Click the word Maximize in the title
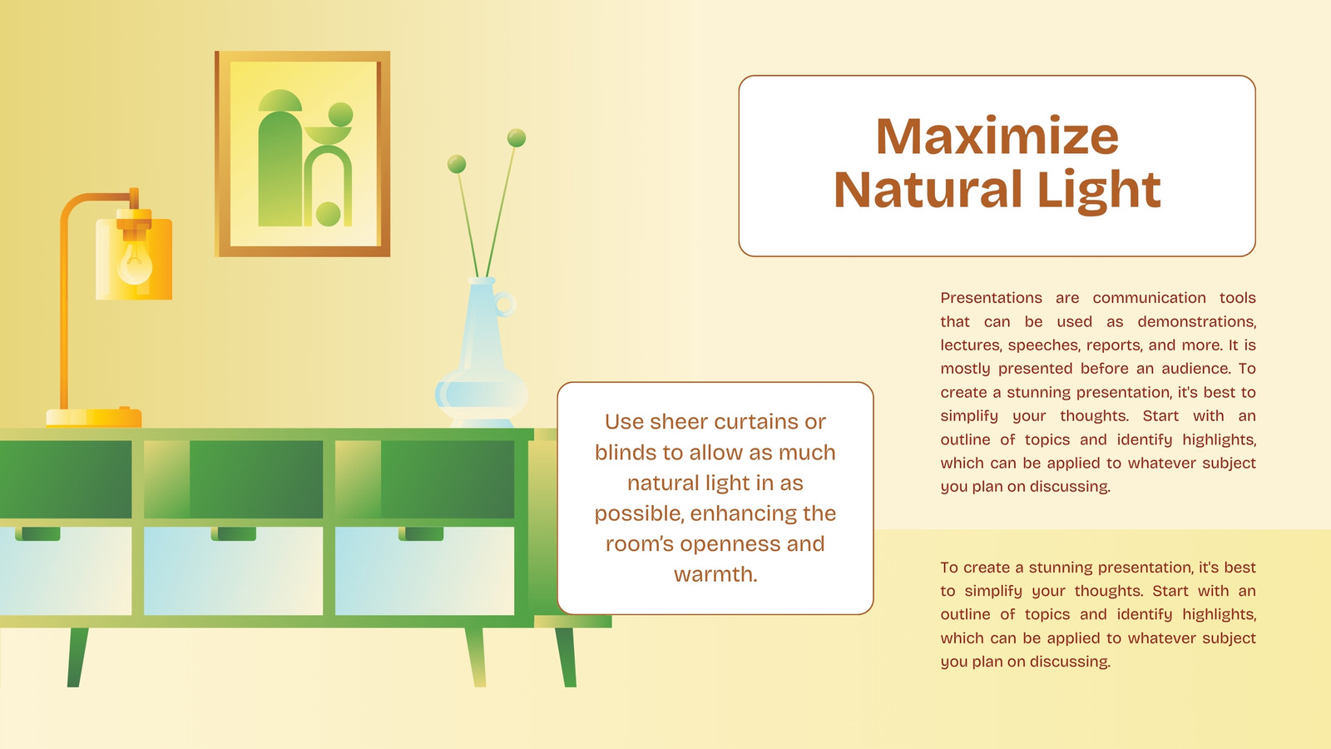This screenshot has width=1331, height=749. [997, 136]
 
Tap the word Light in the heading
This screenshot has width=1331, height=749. [1099, 191]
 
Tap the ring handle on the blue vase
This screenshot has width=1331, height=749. [504, 304]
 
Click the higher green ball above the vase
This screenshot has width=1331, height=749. [517, 138]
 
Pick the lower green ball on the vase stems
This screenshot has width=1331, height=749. [457, 164]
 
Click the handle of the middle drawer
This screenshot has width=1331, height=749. [234, 533]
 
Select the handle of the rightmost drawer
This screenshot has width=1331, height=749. [421, 533]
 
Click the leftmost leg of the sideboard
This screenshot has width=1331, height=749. [77, 657]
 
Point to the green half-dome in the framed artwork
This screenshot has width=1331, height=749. [280, 101]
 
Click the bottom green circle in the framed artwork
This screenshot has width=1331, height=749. [328, 214]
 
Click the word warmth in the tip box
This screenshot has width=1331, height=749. [715, 574]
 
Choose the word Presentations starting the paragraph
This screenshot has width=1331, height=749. [991, 298]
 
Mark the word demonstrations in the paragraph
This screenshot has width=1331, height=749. [1197, 321]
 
